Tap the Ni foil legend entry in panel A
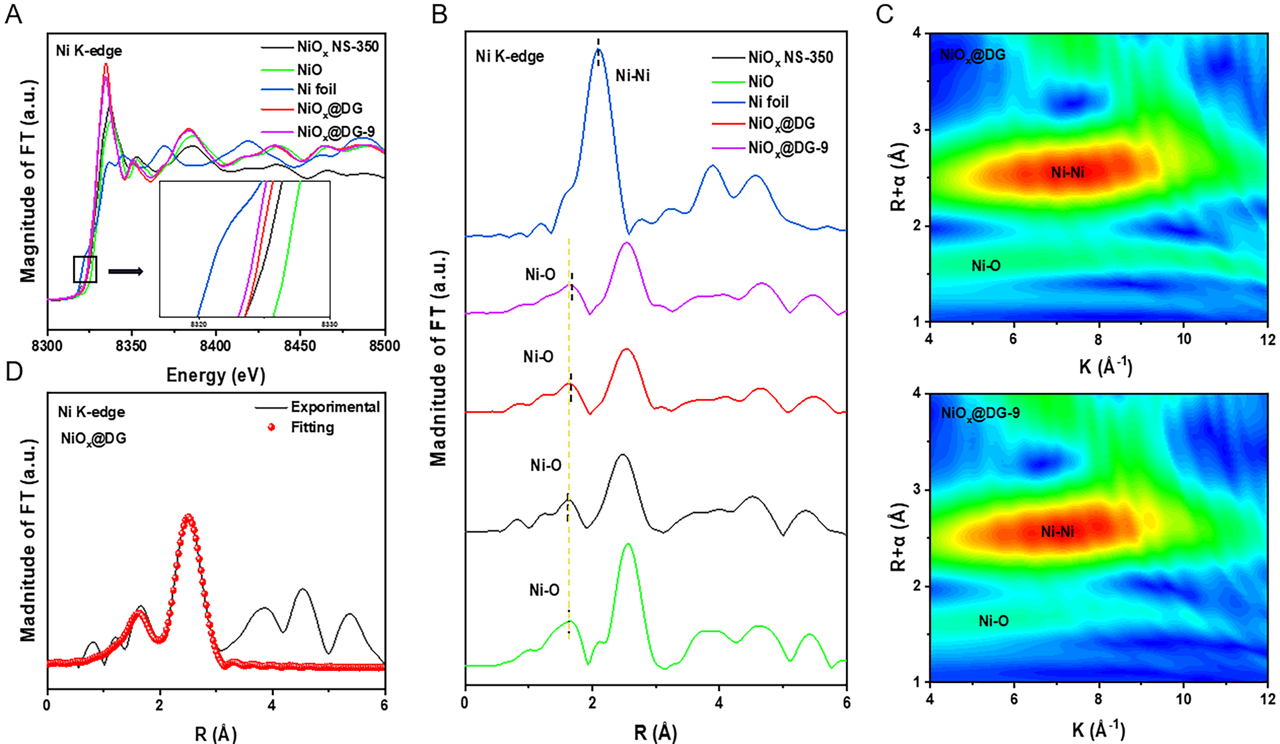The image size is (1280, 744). click(316, 89)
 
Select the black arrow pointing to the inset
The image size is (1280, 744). click(125, 272)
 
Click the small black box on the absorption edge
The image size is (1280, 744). click(85, 269)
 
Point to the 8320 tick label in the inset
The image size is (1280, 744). click(198, 324)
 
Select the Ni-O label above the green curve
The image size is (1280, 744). click(544, 590)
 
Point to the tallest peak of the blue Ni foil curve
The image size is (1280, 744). click(598, 49)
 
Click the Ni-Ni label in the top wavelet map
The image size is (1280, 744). click(1067, 173)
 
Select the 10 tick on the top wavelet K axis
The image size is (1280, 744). click(1184, 339)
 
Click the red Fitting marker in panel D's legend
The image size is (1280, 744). click(271, 427)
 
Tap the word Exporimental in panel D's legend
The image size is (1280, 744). click(335, 407)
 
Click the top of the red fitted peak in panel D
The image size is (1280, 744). click(189, 517)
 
